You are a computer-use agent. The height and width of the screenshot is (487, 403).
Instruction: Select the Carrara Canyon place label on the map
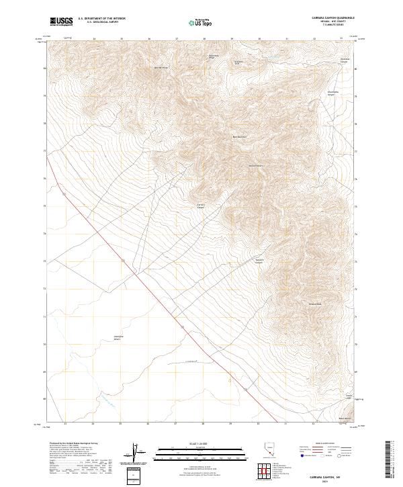[200, 206]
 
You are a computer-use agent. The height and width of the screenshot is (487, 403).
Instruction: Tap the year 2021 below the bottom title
[327, 480]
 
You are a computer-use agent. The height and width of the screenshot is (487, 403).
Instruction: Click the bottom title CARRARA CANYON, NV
[327, 474]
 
